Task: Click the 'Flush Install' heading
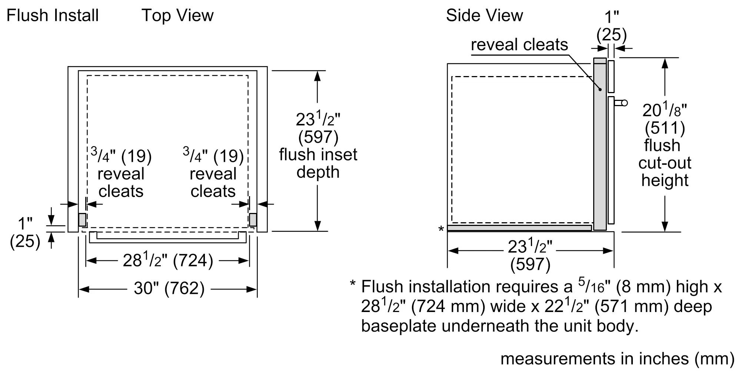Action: (53, 16)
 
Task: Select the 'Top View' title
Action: (177, 16)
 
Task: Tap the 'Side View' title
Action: (484, 16)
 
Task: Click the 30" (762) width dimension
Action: (169, 288)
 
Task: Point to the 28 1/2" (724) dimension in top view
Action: (168, 260)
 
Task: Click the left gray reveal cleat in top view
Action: (82, 220)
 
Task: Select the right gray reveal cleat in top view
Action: (253, 220)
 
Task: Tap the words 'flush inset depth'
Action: (318, 163)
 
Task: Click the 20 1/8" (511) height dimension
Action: (665, 119)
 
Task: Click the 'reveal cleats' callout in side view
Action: (519, 45)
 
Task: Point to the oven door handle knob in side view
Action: (624, 103)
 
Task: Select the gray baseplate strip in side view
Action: (519, 228)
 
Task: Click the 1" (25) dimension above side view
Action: (611, 26)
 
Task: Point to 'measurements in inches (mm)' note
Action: (617, 358)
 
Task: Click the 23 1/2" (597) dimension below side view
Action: (530, 255)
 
